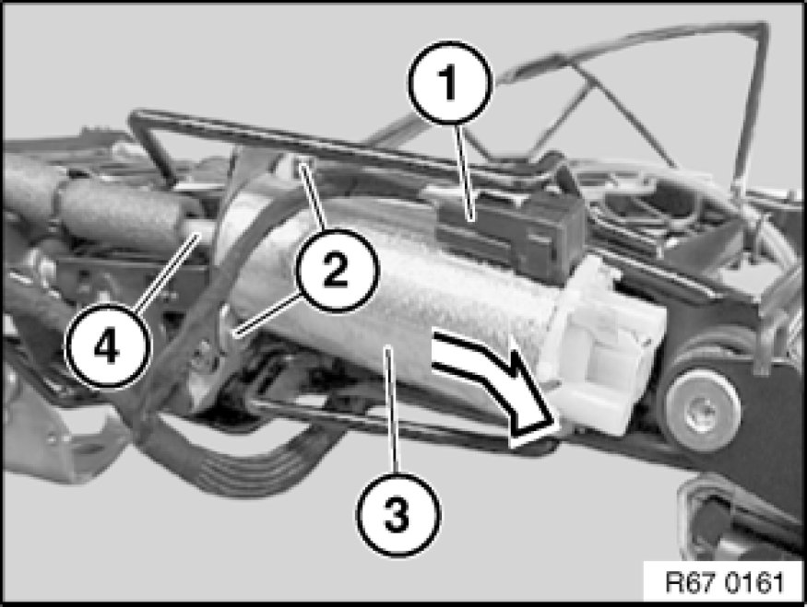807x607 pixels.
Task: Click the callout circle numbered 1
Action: (450, 83)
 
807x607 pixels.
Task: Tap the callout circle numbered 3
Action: (398, 514)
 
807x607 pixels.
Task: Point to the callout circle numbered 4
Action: (107, 348)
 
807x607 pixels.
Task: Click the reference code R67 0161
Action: (724, 583)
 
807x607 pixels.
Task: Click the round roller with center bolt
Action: (703, 410)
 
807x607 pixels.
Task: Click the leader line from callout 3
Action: (393, 410)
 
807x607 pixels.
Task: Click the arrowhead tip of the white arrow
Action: (558, 425)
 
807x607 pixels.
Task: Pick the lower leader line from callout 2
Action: (267, 314)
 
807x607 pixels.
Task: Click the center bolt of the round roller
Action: (704, 411)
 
